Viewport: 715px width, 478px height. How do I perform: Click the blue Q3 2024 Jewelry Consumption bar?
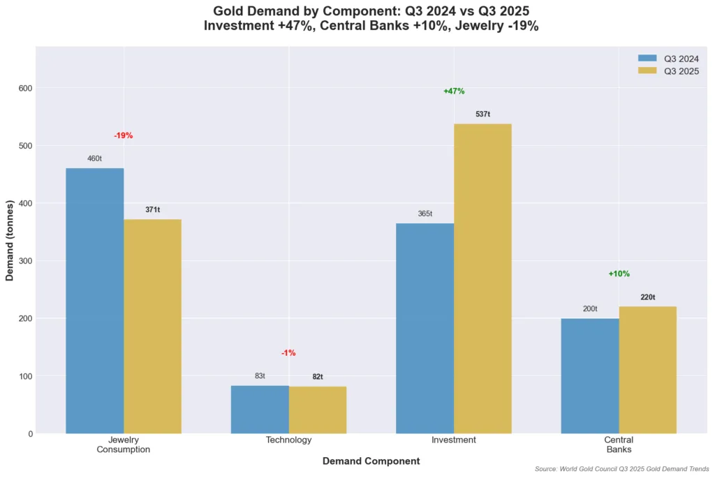pyautogui.click(x=95, y=301)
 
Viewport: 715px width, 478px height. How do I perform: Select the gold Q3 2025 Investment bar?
pyautogui.click(x=482, y=278)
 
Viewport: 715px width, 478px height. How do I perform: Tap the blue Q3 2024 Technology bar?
pyautogui.click(x=260, y=410)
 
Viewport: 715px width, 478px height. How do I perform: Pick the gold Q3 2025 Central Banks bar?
pyautogui.click(x=647, y=370)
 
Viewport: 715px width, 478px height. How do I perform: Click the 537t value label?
pyautogui.click(x=482, y=114)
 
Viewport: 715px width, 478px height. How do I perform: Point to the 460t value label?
pyautogui.click(x=94, y=158)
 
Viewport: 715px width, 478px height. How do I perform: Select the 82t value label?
pyautogui.click(x=318, y=377)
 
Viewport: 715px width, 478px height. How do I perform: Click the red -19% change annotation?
pyautogui.click(x=124, y=136)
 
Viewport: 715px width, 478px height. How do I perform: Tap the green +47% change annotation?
pyautogui.click(x=454, y=91)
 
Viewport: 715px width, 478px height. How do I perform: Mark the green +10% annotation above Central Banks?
pyautogui.click(x=619, y=274)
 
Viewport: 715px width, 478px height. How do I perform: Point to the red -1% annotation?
pyautogui.click(x=288, y=354)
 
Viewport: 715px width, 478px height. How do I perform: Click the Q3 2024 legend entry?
pyautogui.click(x=670, y=59)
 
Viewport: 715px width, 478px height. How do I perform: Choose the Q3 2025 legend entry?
pyautogui.click(x=670, y=71)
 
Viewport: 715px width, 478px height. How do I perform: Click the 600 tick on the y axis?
pyautogui.click(x=26, y=89)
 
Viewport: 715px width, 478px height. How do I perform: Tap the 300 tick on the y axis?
pyautogui.click(x=26, y=261)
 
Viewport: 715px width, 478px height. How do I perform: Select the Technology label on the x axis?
pyautogui.click(x=288, y=440)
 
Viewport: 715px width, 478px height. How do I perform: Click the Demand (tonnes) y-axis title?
pyautogui.click(x=10, y=240)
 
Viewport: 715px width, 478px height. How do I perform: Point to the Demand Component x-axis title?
pyautogui.click(x=371, y=461)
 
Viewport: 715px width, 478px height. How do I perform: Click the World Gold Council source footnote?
pyautogui.click(x=621, y=470)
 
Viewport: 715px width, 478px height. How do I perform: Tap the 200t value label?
pyautogui.click(x=590, y=308)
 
